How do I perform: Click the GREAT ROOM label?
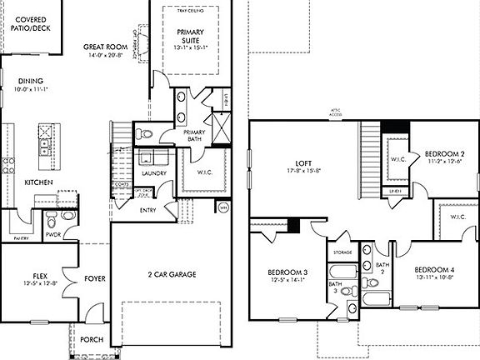tap(105, 47)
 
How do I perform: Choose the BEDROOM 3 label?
tap(287, 272)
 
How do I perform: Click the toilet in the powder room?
tap(50, 221)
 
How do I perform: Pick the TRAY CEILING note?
tap(192, 12)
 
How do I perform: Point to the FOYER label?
tap(93, 278)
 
